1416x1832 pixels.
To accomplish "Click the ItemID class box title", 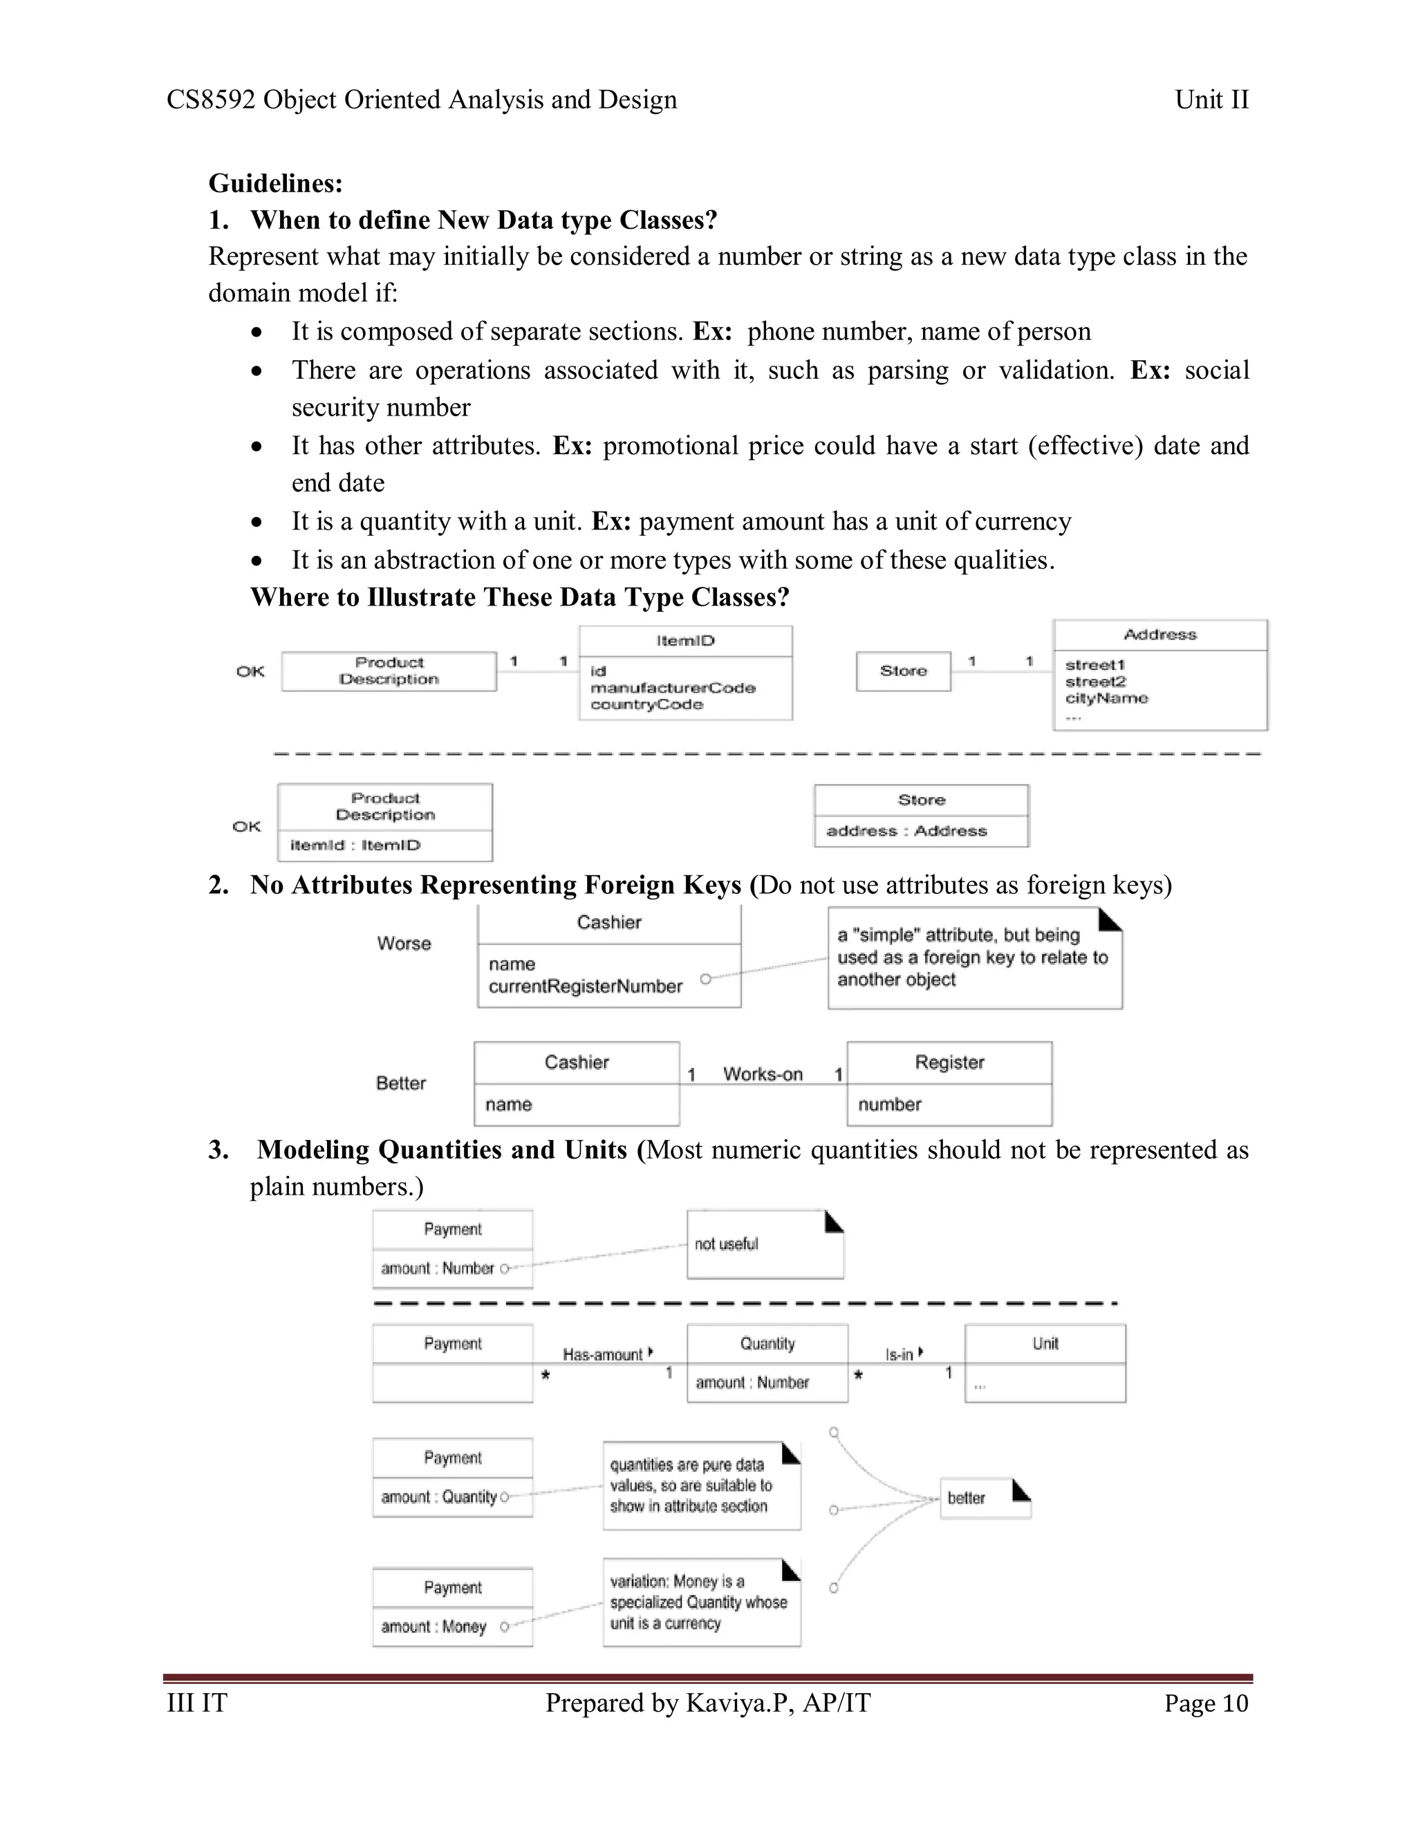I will coord(685,641).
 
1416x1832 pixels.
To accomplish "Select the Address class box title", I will coord(1159,635).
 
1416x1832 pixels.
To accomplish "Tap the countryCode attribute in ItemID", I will coord(646,704).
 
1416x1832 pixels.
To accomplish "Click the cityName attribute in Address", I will coord(1106,698).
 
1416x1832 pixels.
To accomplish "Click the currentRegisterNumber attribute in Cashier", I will coord(585,987).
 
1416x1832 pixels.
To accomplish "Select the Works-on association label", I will coord(763,1074).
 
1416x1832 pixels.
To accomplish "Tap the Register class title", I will coord(949,1063).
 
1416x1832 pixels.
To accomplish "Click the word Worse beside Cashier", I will coord(404,944).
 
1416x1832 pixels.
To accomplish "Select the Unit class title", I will coord(1045,1344).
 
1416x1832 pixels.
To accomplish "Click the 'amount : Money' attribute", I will coord(433,1627).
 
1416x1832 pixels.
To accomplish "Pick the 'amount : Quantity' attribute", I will coord(438,1497).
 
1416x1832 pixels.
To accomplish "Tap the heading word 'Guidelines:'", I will coord(275,183).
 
